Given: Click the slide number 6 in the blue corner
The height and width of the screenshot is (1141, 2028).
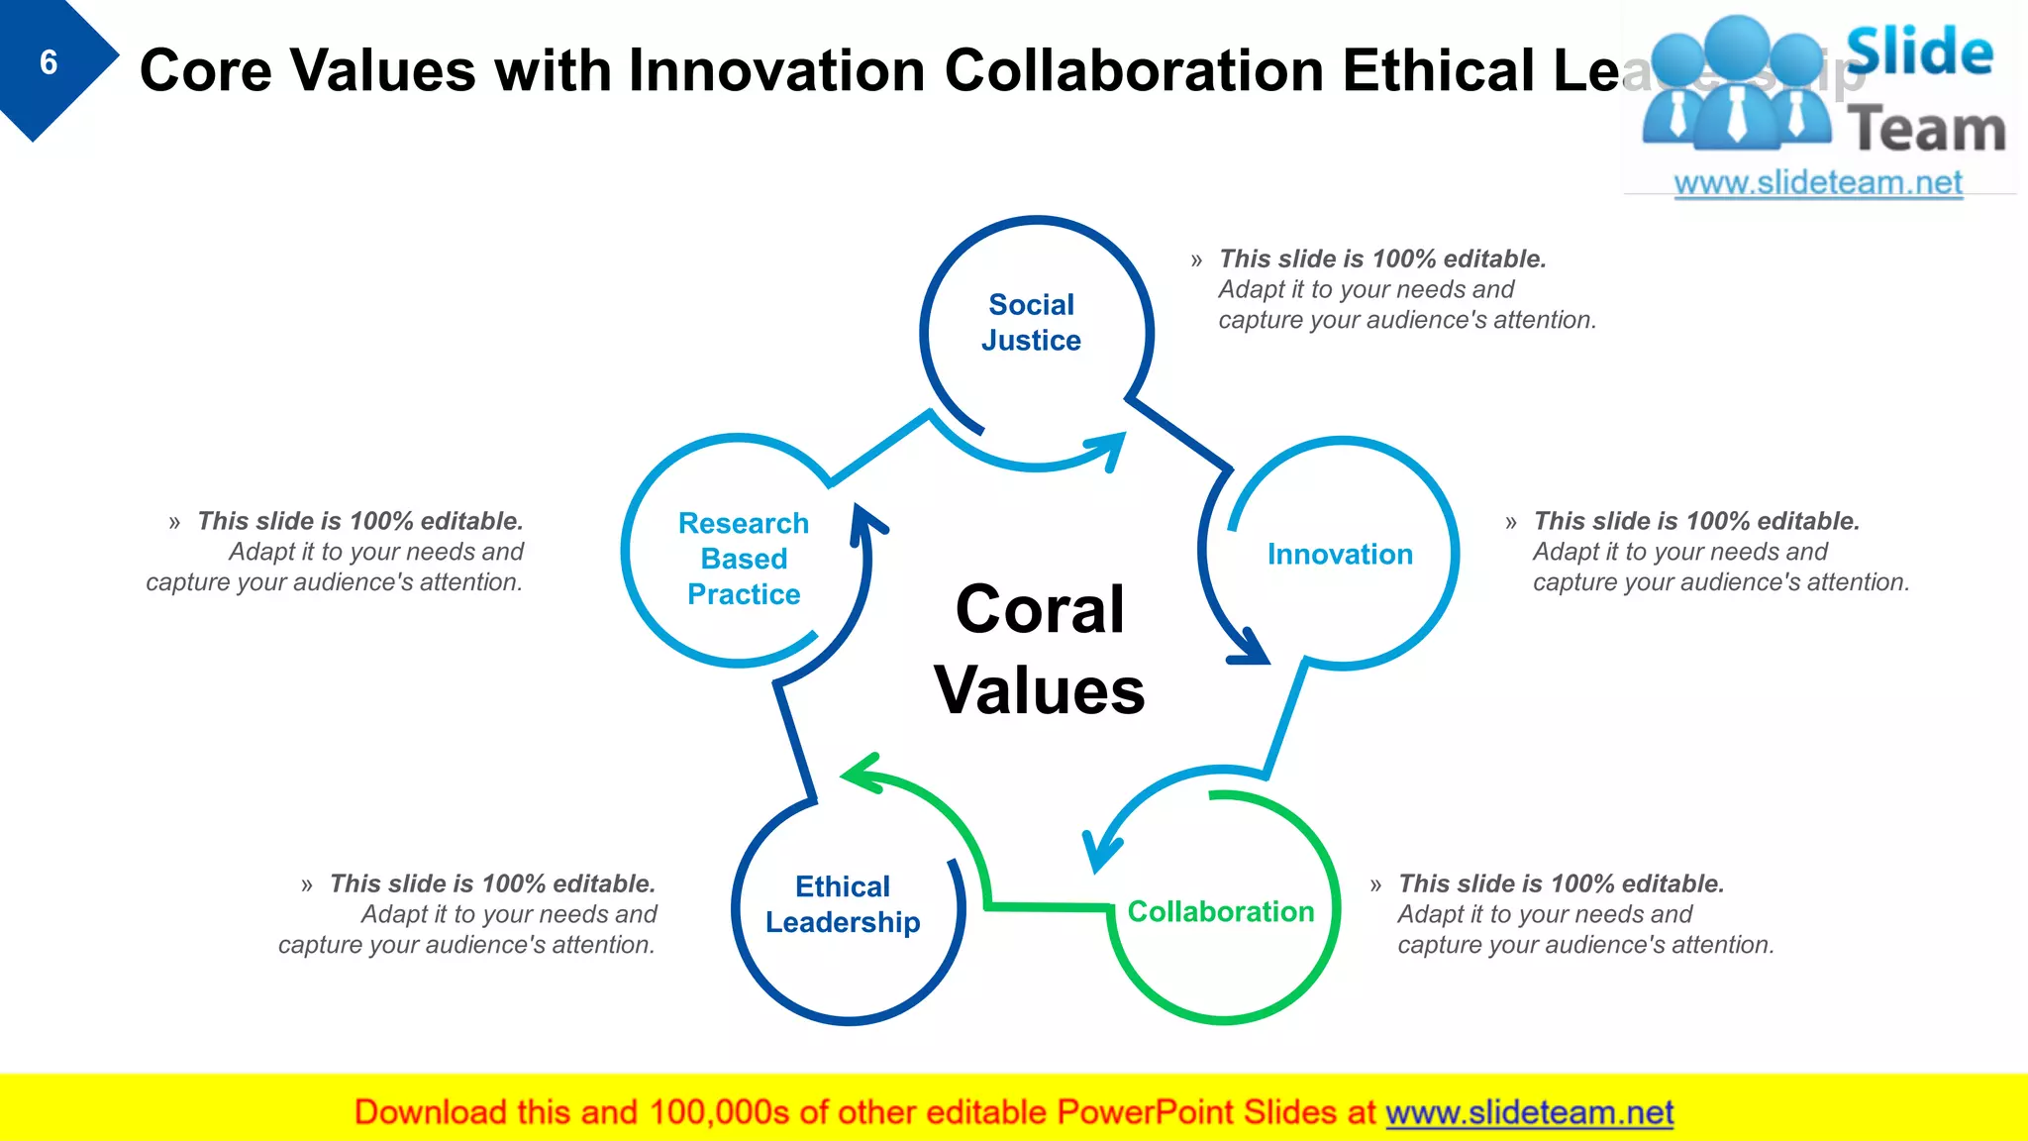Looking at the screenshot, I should coord(48,63).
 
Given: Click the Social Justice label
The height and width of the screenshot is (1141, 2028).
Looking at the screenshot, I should coord(1031,322).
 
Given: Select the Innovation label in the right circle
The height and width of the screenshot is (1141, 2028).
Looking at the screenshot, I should coord(1340,555).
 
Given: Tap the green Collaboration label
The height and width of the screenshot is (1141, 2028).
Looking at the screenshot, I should coord(1220,911).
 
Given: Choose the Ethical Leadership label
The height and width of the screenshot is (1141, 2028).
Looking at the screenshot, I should coord(843,904).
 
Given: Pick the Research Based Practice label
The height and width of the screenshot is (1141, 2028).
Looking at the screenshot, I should coord(744,559).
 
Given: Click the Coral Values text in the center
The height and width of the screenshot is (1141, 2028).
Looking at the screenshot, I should coord(1039,649).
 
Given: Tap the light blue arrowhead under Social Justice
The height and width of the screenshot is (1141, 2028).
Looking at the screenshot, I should coord(1108,448).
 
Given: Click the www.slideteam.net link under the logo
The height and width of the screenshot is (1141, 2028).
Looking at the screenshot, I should coord(1817,183).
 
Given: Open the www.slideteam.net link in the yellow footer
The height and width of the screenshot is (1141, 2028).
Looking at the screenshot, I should coord(1529,1112).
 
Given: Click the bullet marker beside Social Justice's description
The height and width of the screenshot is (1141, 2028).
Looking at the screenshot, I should coord(1196,260).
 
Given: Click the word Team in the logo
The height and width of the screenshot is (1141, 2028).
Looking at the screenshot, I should coord(1926,130).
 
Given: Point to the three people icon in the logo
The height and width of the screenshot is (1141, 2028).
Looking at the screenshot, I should coord(1735,84).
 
